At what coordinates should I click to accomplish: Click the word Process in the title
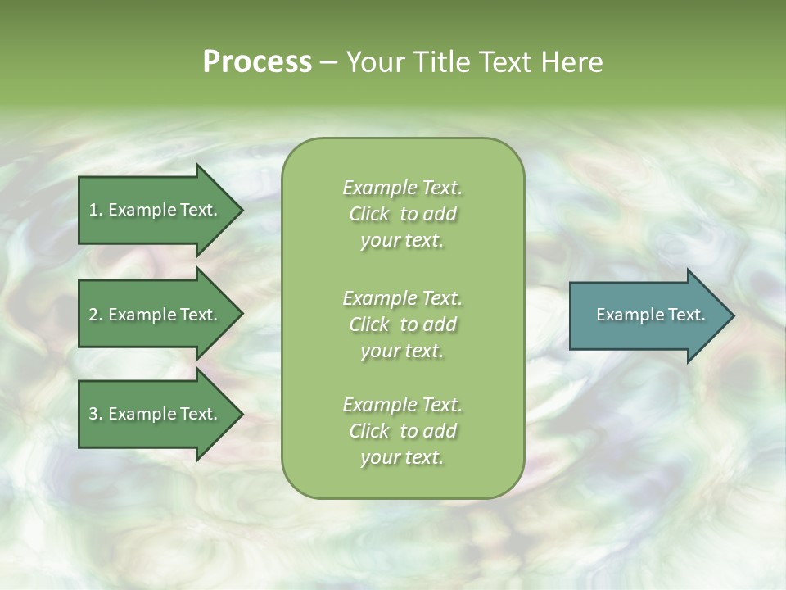pyautogui.click(x=257, y=62)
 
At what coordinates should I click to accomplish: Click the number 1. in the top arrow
pyautogui.click(x=95, y=211)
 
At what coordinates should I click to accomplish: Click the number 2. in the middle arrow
pyautogui.click(x=95, y=315)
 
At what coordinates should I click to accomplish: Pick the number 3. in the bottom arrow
pyautogui.click(x=95, y=414)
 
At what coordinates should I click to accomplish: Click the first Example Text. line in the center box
pyautogui.click(x=402, y=188)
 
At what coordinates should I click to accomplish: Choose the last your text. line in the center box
pyautogui.click(x=402, y=457)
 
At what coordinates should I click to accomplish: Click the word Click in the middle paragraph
pyautogui.click(x=368, y=324)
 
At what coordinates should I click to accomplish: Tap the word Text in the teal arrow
pyautogui.click(x=684, y=315)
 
